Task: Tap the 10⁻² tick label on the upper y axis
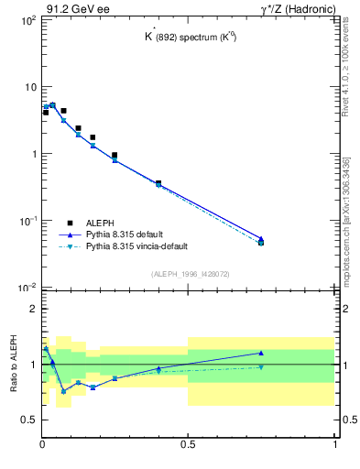tap(27, 289)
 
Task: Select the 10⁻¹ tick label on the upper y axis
tap(27, 222)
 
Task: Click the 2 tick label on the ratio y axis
tap(32, 310)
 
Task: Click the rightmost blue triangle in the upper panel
tap(261, 238)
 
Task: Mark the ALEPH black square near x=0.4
tap(158, 183)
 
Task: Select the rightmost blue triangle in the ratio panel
tap(261, 353)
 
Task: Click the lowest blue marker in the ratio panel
tap(63, 391)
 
